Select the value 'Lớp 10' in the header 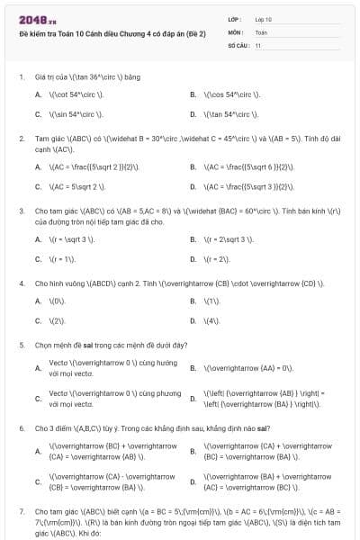pos(264,19)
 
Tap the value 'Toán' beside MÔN pos(261,31)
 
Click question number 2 pos(21,139)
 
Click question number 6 pos(21,427)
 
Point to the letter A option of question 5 pos(38,368)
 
